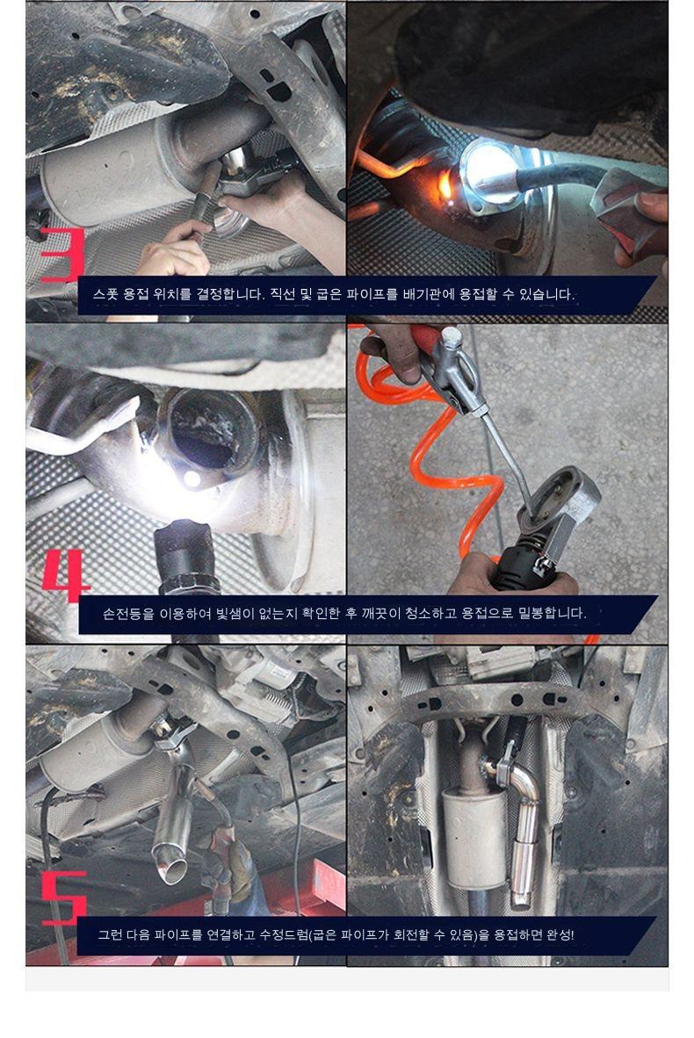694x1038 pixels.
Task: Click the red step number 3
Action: pyautogui.click(x=63, y=254)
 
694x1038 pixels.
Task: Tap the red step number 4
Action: pyautogui.click(x=66, y=576)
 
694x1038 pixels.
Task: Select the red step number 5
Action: pyautogui.click(x=64, y=897)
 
